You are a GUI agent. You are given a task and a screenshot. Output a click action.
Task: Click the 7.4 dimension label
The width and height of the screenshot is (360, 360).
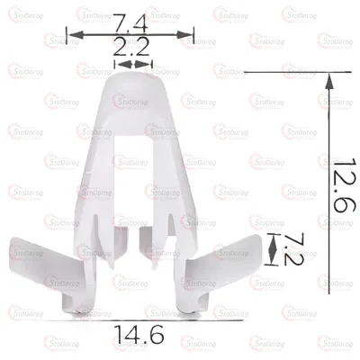[132, 19]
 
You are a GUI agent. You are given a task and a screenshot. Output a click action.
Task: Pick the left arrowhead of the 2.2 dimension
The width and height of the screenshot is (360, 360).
[119, 64]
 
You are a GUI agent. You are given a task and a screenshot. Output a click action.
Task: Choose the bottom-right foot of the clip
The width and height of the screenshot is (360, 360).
[193, 306]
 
